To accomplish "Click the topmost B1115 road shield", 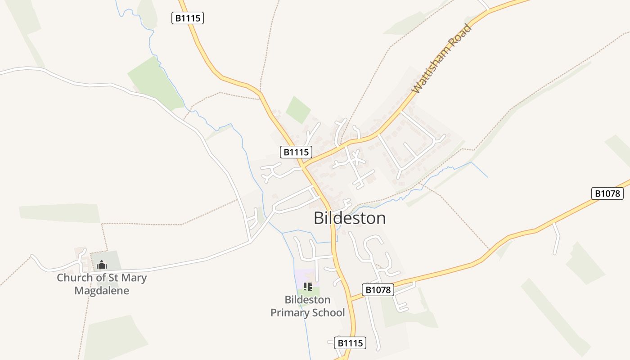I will point(188,18).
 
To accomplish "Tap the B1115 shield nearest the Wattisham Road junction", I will point(296,152).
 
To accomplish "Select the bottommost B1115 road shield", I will point(350,343).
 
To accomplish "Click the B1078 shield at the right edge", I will point(607,193).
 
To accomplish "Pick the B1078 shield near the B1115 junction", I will point(378,289).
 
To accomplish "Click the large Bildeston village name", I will point(350,218).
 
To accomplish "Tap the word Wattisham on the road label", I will point(432,67).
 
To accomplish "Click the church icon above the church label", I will point(102,264).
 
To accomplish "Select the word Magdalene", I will point(102,291).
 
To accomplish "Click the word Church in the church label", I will point(75,278).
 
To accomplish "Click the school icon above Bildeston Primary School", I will point(308,287).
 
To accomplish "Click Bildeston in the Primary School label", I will point(307,300).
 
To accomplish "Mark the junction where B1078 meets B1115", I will point(350,298).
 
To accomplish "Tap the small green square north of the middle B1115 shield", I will point(298,110).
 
